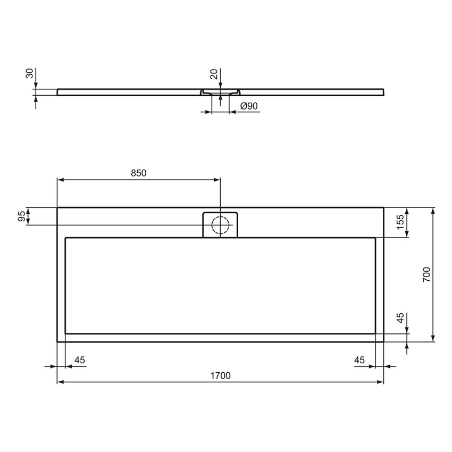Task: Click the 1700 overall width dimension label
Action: [x=220, y=375]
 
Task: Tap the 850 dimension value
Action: [x=138, y=173]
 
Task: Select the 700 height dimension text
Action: [x=426, y=274]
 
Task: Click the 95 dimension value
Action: [x=22, y=216]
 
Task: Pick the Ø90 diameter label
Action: [x=249, y=106]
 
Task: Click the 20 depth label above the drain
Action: [x=214, y=74]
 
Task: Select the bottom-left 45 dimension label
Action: [x=79, y=360]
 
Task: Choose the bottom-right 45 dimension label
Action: [x=359, y=360]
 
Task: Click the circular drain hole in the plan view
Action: [x=220, y=225]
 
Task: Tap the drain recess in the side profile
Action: [x=220, y=93]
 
